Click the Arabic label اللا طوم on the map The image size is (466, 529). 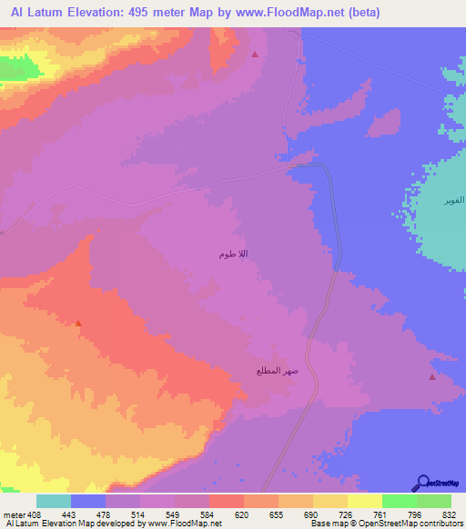click(x=233, y=254)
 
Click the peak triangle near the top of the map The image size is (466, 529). click(x=254, y=55)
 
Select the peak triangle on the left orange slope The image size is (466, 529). click(x=78, y=323)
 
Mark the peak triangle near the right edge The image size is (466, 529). click(x=431, y=376)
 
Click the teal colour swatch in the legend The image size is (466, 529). click(x=54, y=501)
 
